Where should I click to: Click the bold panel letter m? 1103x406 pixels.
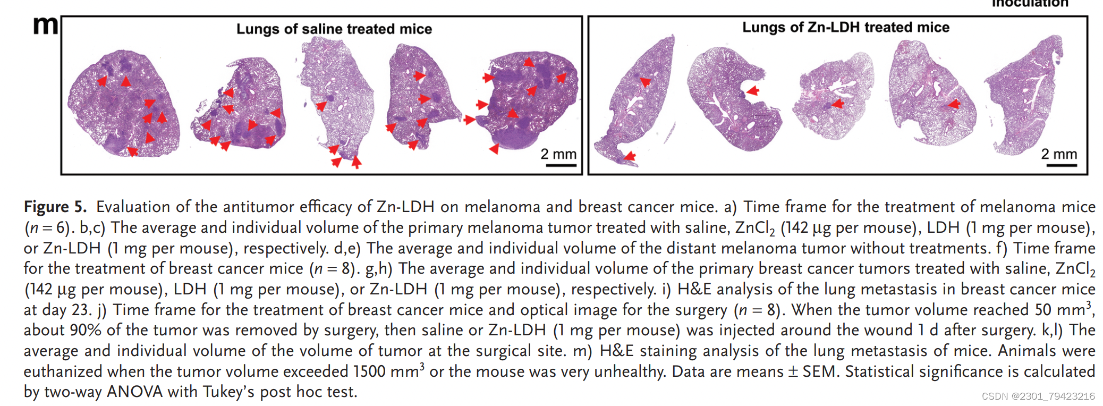click(45, 26)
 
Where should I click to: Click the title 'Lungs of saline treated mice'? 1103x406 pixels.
click(334, 29)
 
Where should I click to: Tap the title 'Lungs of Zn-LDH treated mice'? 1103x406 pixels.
click(845, 27)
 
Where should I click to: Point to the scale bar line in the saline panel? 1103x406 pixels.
click(561, 165)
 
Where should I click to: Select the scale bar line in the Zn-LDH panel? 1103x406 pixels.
click(1062, 165)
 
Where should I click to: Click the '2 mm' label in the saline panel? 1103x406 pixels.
click(558, 154)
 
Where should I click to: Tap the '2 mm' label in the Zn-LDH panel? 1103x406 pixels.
click(1059, 154)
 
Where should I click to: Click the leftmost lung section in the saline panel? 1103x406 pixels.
click(123, 104)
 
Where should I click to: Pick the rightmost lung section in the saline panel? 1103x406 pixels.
click(529, 101)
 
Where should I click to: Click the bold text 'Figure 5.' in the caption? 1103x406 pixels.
click(55, 207)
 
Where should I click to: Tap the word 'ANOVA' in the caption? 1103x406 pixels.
click(134, 392)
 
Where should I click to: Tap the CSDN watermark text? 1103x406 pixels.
click(1038, 396)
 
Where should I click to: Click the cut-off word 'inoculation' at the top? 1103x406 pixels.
click(1030, 4)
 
